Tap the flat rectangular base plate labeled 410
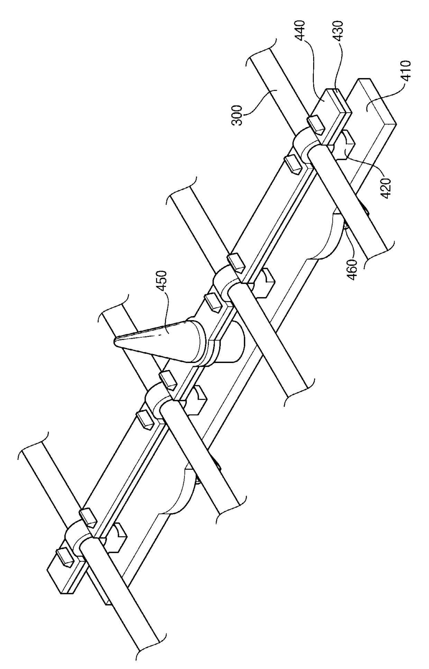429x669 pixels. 374,107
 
